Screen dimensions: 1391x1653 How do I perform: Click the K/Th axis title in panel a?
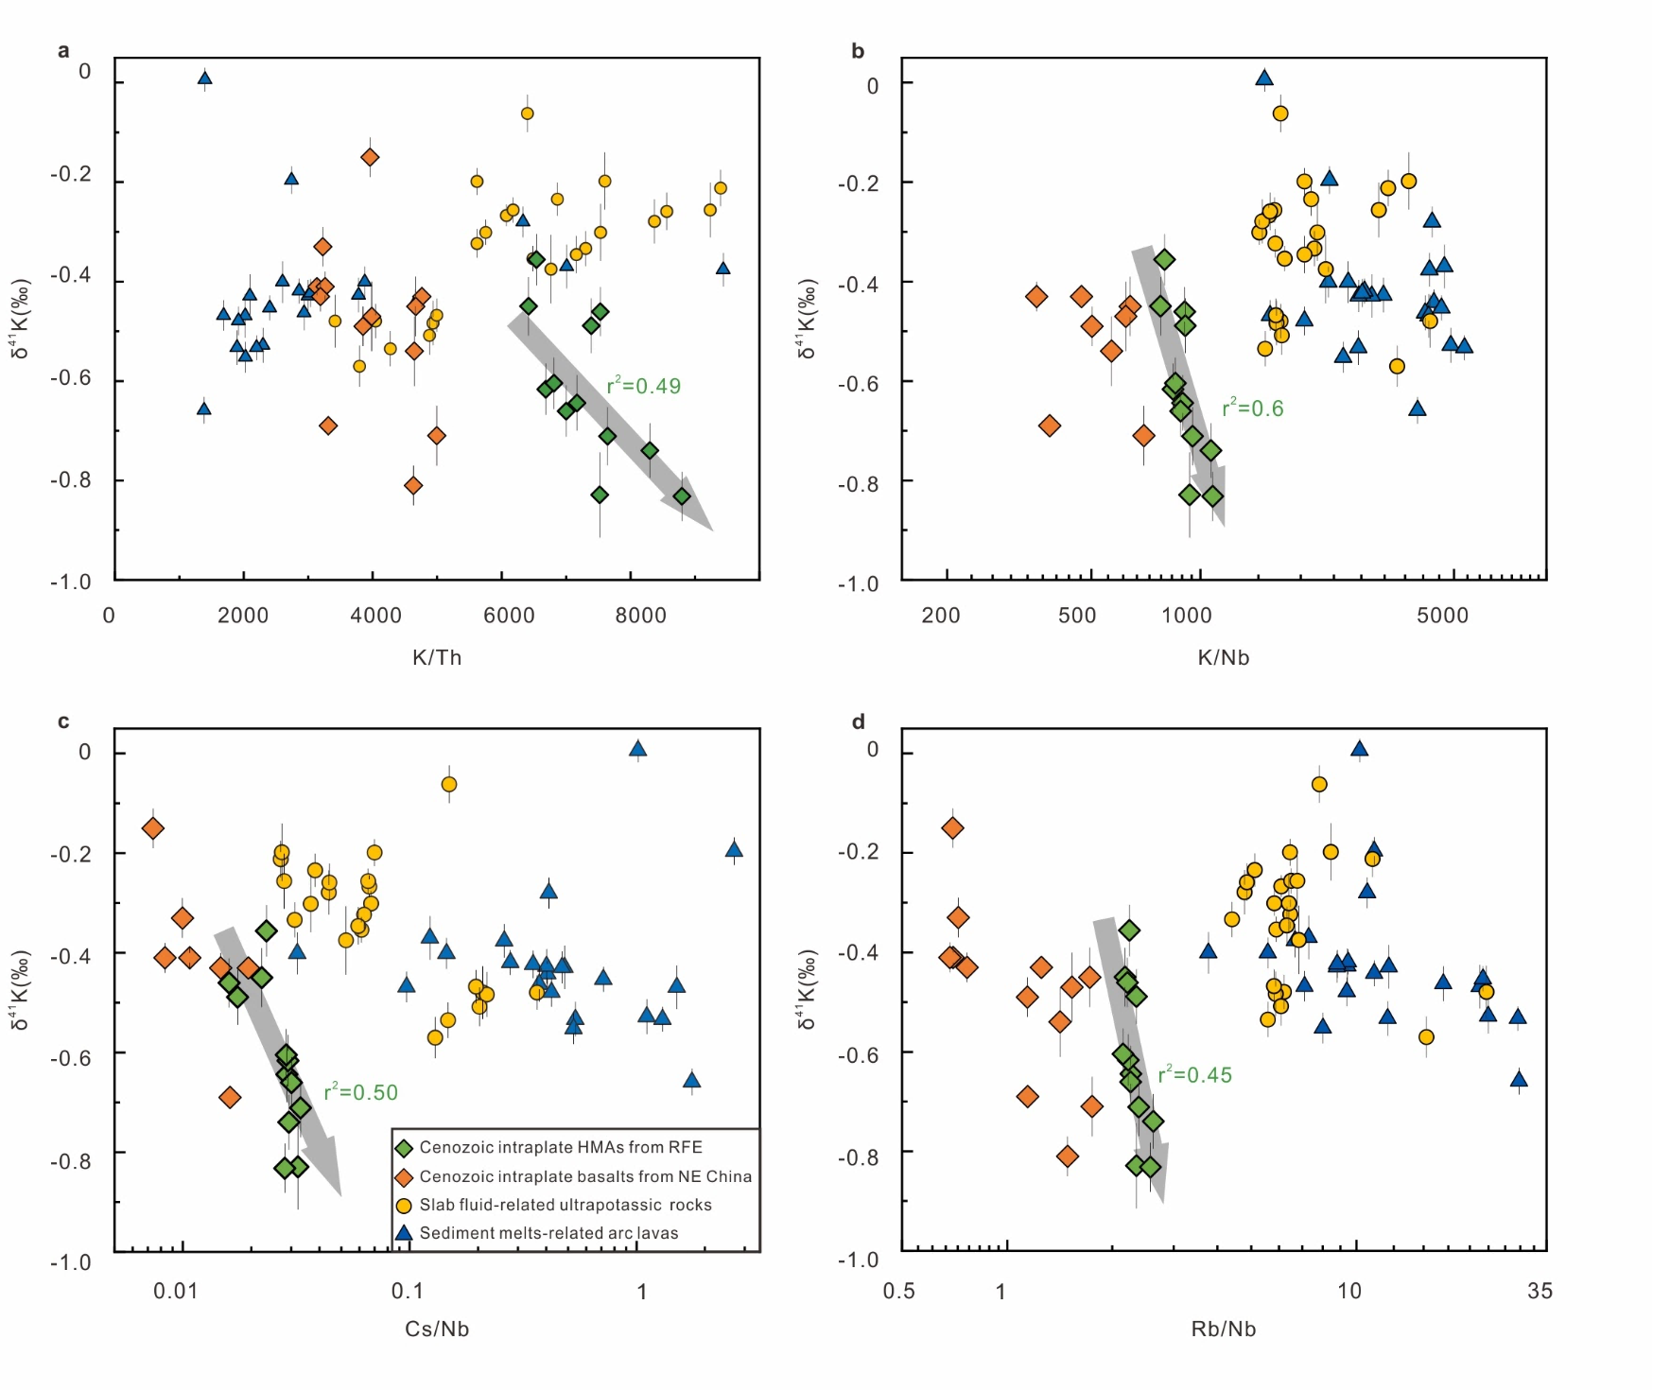coord(437,657)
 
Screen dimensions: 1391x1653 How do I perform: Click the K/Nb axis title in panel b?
coord(1224,657)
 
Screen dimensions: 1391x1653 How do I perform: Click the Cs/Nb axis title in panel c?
coord(437,1329)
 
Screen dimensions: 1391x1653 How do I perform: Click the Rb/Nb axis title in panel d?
coord(1224,1329)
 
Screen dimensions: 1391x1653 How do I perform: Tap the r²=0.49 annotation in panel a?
coord(644,386)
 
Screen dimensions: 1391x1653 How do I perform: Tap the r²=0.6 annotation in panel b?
coord(1253,409)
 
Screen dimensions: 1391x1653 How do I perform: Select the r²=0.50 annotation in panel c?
coord(361,1092)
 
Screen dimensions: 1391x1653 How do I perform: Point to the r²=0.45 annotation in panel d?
coord(1195,1075)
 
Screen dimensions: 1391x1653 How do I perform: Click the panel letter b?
coord(858,51)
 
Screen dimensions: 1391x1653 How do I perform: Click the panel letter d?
coord(858,722)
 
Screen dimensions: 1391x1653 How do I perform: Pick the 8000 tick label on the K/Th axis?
coord(641,616)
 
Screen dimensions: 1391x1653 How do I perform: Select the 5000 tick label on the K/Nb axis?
coord(1443,616)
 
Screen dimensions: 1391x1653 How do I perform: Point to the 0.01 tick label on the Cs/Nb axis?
coord(176,1291)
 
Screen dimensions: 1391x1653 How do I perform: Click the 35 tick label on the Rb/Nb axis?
coord(1540,1291)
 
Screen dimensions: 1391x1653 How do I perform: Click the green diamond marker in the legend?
coord(404,1148)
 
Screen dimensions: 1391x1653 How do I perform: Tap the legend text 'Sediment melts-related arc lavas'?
coord(548,1233)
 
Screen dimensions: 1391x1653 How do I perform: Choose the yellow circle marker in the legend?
coord(404,1206)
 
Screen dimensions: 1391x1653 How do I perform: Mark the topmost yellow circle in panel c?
coord(449,784)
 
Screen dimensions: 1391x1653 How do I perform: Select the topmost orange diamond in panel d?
coord(952,828)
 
